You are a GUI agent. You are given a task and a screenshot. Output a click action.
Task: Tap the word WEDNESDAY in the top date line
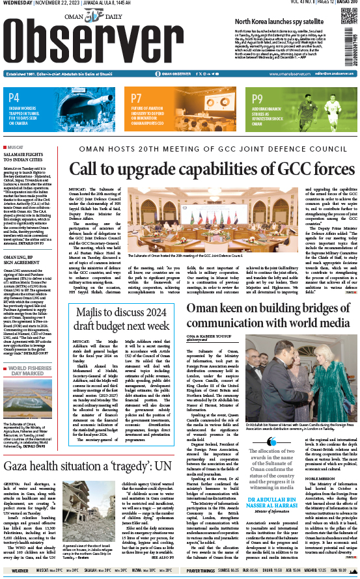(x=17, y=4)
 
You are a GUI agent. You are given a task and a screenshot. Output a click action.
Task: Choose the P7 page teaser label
(x=135, y=96)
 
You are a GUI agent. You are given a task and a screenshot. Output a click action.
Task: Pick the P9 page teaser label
(x=258, y=96)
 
